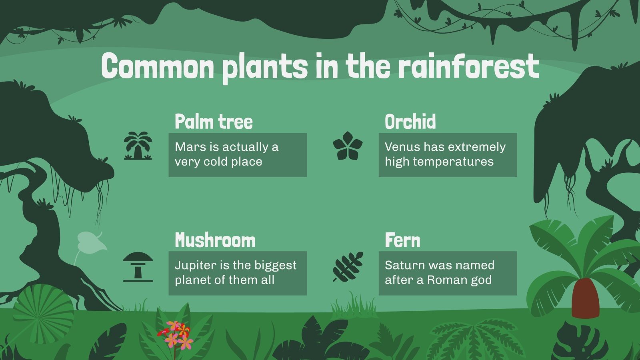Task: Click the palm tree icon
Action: click(x=138, y=146)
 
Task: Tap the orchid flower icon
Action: click(x=348, y=146)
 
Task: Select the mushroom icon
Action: click(x=138, y=266)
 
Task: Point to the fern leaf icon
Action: click(x=348, y=266)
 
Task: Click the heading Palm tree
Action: click(x=214, y=122)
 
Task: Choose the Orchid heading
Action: click(x=410, y=122)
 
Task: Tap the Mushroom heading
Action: click(x=215, y=240)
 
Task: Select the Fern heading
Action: click(x=402, y=240)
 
